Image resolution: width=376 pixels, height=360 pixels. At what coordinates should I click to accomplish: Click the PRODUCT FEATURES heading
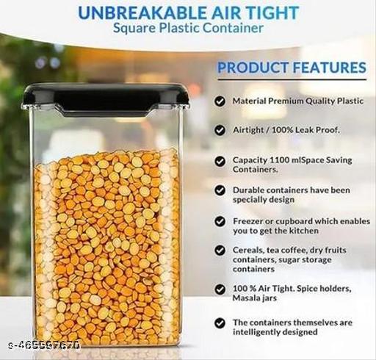coord(292,68)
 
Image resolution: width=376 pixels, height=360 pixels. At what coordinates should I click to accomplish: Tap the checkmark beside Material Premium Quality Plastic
coord(220,101)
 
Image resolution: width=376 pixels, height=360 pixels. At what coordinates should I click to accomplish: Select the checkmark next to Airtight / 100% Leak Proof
coord(220,129)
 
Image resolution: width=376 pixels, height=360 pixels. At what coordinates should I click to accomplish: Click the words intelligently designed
coord(277,331)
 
